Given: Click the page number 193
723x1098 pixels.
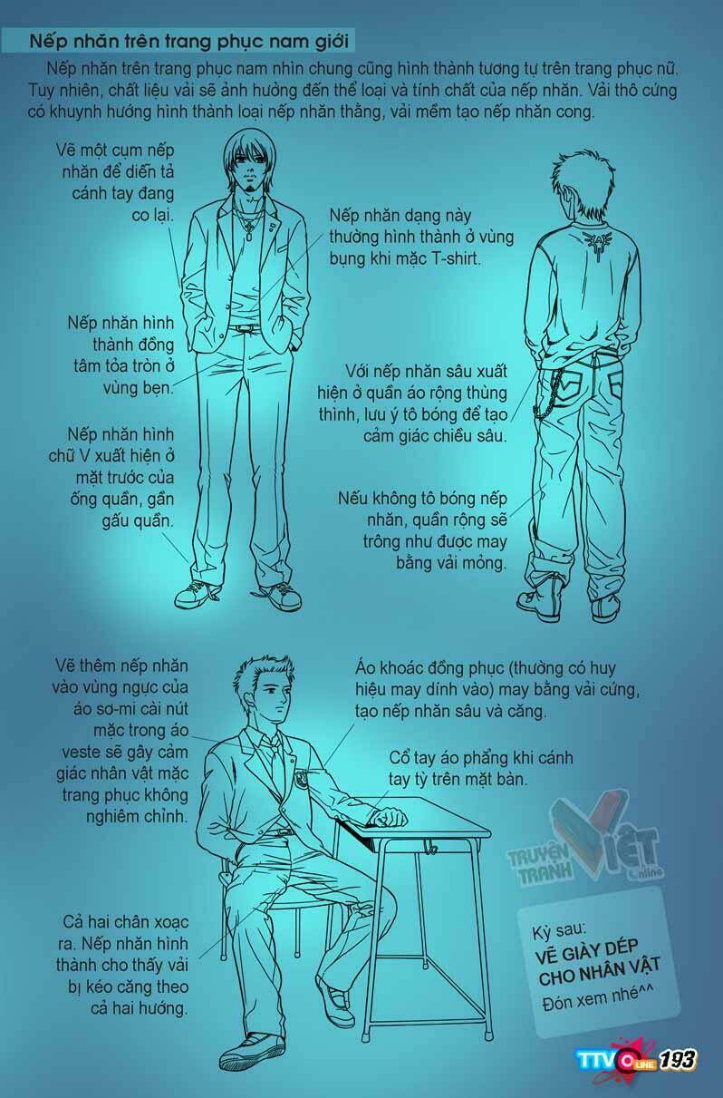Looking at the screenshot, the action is click(678, 1060).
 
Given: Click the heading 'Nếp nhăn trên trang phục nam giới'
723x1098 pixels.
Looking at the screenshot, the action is click(189, 42).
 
